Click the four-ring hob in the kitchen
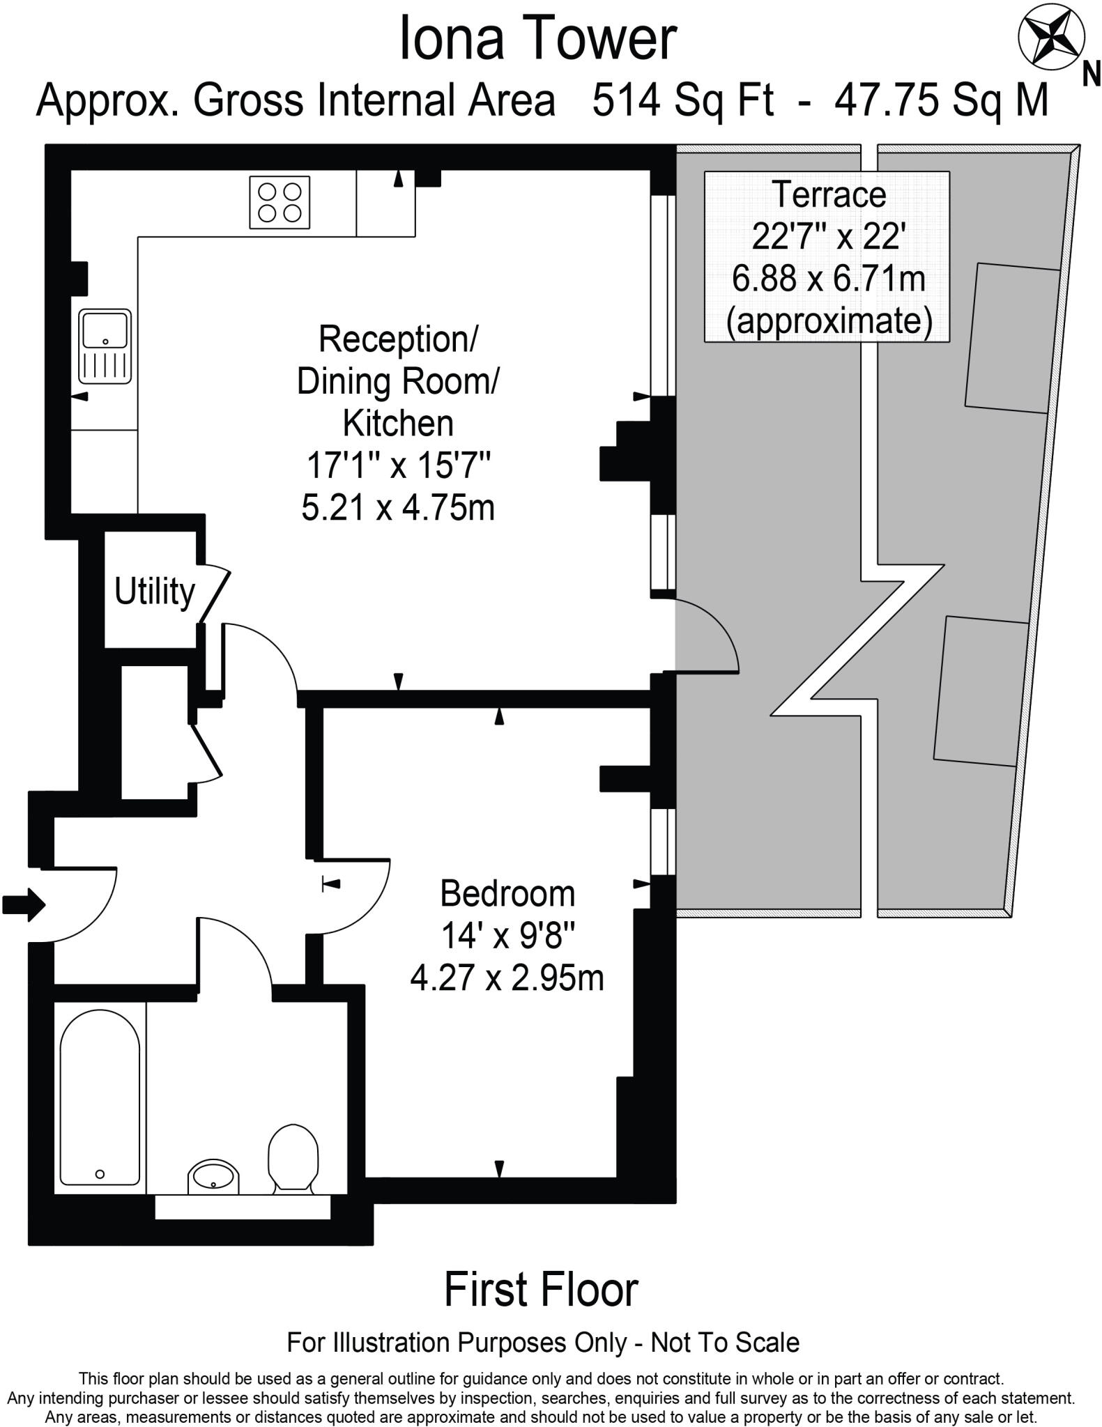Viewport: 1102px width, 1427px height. (280, 202)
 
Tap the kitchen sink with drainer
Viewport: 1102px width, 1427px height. (105, 346)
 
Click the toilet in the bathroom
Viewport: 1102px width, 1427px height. (293, 1157)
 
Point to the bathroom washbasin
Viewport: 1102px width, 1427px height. (214, 1177)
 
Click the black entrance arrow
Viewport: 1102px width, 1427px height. (24, 905)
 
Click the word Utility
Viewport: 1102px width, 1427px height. (155, 592)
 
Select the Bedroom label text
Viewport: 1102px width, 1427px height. (507, 894)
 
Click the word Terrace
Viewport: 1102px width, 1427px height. (829, 194)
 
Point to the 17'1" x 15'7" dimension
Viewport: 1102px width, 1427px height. (399, 465)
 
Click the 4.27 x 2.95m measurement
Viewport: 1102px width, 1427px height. (507, 978)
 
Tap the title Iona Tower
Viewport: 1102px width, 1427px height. (537, 40)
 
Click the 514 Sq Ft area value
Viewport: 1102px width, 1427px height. (682, 100)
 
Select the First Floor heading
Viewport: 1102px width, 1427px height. (541, 1289)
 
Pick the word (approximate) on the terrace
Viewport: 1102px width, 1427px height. (829, 321)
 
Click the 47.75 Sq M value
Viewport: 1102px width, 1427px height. (941, 100)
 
